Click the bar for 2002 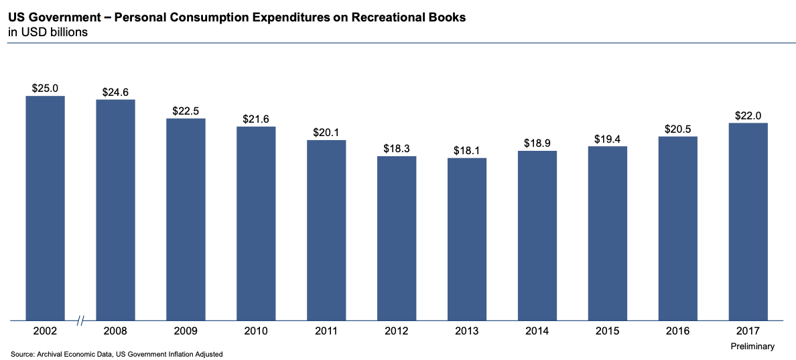(x=45, y=208)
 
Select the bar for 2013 (x=467, y=239)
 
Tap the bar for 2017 (x=748, y=221)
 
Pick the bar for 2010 (x=256, y=223)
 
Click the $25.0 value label (x=45, y=88)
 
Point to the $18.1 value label (x=467, y=150)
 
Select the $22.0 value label (x=748, y=115)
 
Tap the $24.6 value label (x=115, y=91)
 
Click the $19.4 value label (x=607, y=139)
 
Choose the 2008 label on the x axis (x=115, y=331)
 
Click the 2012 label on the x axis (x=397, y=331)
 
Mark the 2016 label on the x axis (x=677, y=331)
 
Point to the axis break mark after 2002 (x=80, y=321)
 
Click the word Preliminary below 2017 (x=752, y=347)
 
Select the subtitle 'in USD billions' (x=48, y=32)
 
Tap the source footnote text (x=117, y=354)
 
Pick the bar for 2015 (x=607, y=233)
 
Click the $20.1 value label (x=326, y=132)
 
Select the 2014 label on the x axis (x=537, y=331)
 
